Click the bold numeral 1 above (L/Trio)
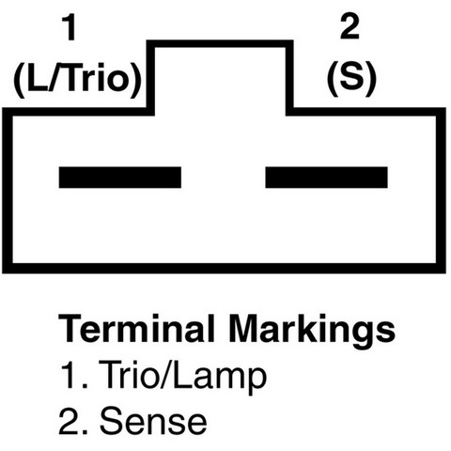[70, 27]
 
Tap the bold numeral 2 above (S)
[350, 27]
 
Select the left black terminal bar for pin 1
[120, 178]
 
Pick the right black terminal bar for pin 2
[326, 178]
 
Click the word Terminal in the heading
[137, 329]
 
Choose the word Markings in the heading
[312, 332]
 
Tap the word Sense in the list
[153, 421]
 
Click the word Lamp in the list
[220, 376]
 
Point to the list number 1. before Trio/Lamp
[74, 375]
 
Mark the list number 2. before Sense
[73, 421]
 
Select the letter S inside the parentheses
[350, 77]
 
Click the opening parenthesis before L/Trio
[20, 81]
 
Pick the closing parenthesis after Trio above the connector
[136, 81]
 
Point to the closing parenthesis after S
[370, 79]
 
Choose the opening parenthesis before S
[332, 79]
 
